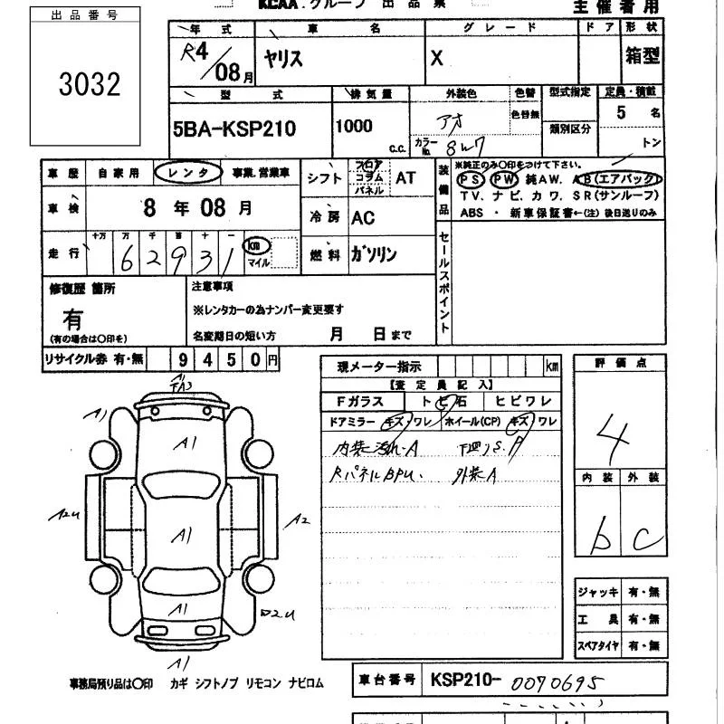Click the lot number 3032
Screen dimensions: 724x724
(x=90, y=84)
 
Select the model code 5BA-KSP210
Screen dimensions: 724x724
(x=233, y=129)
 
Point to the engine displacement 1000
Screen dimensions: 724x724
(x=353, y=127)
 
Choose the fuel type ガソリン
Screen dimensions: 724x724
(x=373, y=255)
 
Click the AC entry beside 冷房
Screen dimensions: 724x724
(x=362, y=218)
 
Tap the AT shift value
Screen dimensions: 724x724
(x=405, y=178)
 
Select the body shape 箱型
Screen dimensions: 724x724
(x=642, y=57)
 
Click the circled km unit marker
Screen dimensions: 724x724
(x=257, y=245)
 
